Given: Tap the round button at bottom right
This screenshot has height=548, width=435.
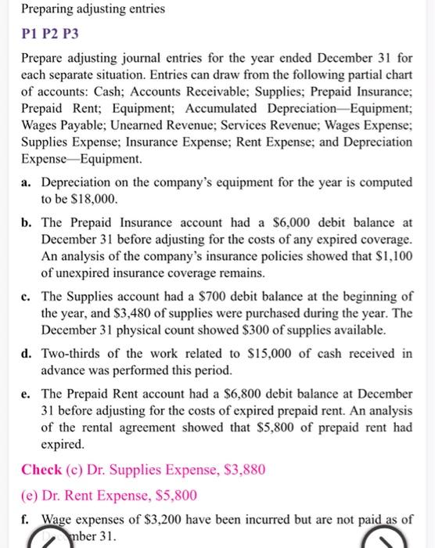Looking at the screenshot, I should coord(391,539).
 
